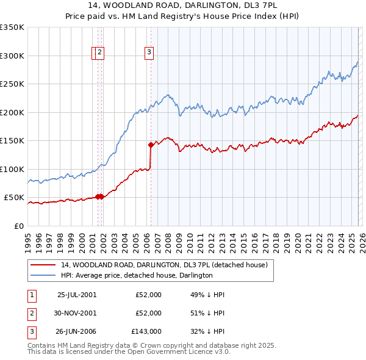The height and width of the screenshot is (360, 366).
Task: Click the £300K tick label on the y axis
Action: pos(12,56)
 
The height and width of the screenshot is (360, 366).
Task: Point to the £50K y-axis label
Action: pos(14,198)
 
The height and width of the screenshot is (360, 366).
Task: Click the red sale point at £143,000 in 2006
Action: pos(151,145)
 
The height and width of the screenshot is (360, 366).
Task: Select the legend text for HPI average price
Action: pos(137,275)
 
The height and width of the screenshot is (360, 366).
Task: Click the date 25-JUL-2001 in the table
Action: pos(76,295)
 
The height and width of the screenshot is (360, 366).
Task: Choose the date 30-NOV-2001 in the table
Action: pos(76,313)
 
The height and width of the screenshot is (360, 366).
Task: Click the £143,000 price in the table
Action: pos(146,331)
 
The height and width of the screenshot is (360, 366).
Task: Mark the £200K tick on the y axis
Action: pos(12,112)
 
